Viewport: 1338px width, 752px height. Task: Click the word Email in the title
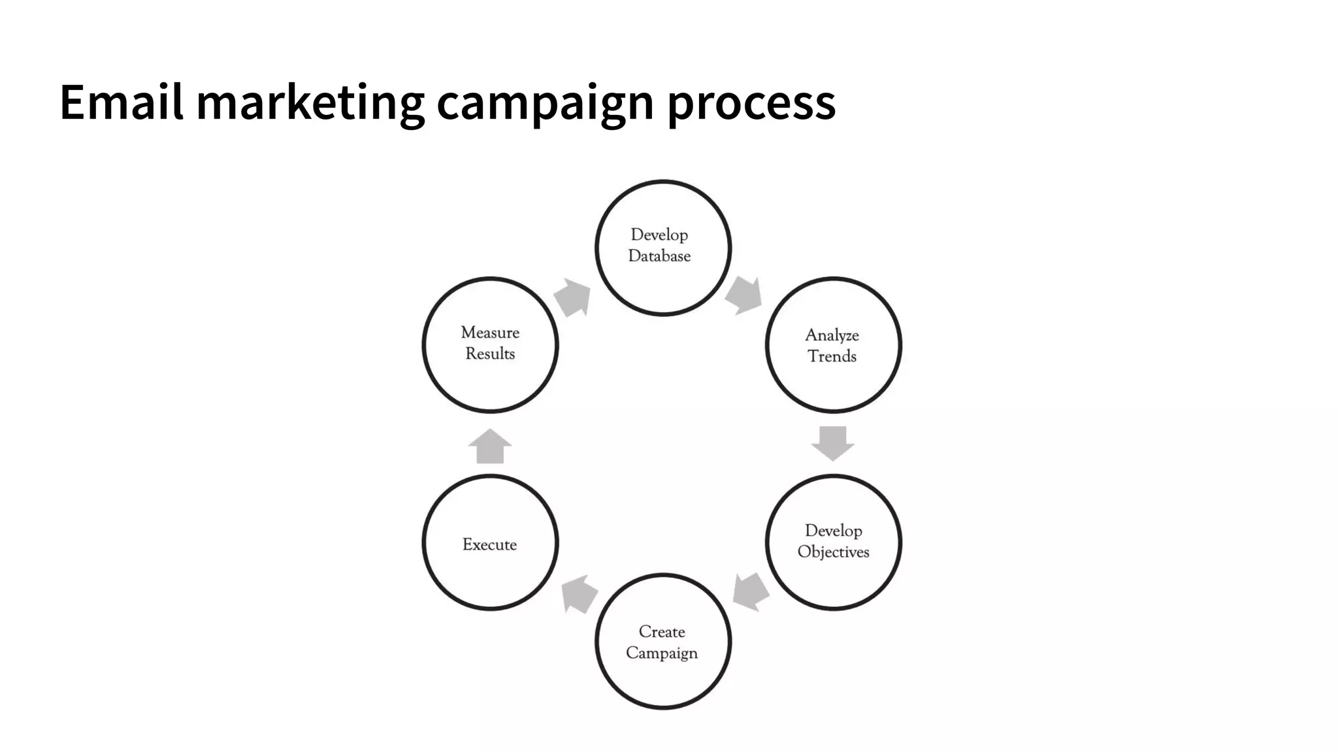pyautogui.click(x=121, y=102)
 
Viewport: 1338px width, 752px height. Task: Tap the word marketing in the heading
pyautogui.click(x=310, y=102)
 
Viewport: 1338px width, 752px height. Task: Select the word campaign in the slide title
pyautogui.click(x=545, y=102)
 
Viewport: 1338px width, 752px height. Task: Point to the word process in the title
pyautogui.click(x=751, y=102)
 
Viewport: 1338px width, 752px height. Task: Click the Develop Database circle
pyautogui.click(x=662, y=248)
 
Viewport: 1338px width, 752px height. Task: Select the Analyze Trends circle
pyautogui.click(x=833, y=345)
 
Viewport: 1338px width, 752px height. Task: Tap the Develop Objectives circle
pyautogui.click(x=833, y=542)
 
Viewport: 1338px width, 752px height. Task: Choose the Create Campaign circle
pyautogui.click(x=662, y=641)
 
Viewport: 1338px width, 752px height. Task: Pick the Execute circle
pyautogui.click(x=490, y=542)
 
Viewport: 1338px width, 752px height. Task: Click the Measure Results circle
pyautogui.click(x=490, y=345)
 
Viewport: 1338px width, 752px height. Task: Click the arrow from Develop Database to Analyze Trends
pyautogui.click(x=744, y=294)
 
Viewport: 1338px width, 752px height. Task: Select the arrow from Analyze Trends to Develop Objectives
pyautogui.click(x=833, y=443)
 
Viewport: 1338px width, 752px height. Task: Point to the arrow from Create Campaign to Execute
pyautogui.click(x=579, y=593)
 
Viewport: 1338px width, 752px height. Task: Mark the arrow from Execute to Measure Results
pyautogui.click(x=490, y=446)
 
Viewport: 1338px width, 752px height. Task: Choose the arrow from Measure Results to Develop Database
pyautogui.click(x=573, y=298)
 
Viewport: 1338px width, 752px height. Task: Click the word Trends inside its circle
pyautogui.click(x=832, y=356)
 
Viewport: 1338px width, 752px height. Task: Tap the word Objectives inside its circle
pyautogui.click(x=833, y=552)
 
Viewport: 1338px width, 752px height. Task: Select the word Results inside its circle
pyautogui.click(x=490, y=354)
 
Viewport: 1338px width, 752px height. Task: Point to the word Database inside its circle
pyautogui.click(x=659, y=257)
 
